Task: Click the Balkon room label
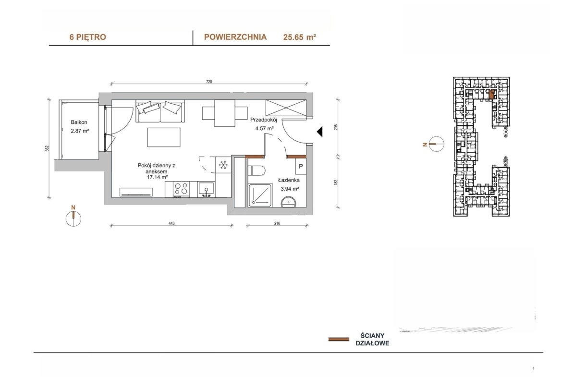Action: [x=79, y=122]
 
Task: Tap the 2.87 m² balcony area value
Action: [x=80, y=131]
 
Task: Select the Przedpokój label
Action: [x=263, y=120]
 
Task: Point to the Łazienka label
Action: [x=289, y=180]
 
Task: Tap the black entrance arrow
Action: [x=319, y=132]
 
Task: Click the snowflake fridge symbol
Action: [x=223, y=165]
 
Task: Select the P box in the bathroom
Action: [x=301, y=166]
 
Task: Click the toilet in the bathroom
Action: [x=257, y=170]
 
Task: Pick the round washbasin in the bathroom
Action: [x=289, y=202]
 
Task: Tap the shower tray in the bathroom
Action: [x=260, y=195]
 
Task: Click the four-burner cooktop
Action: [x=181, y=189]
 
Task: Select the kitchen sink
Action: [x=207, y=190]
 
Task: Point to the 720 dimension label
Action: [x=209, y=82]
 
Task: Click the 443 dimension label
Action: [x=171, y=223]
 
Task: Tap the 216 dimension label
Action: [x=277, y=223]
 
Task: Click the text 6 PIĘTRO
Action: [x=88, y=37]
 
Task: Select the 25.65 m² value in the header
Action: [x=300, y=37]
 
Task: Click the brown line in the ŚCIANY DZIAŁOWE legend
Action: [x=339, y=339]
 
